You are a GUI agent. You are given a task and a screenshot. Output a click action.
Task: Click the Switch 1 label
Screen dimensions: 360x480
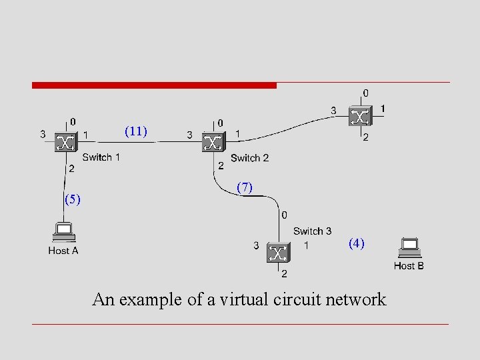pos(101,157)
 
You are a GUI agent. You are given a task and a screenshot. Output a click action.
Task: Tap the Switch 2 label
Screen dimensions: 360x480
pos(249,158)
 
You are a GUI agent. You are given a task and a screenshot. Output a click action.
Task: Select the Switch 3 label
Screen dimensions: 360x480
pos(312,231)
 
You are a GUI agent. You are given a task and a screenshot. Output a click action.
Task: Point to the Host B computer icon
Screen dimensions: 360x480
pos(408,248)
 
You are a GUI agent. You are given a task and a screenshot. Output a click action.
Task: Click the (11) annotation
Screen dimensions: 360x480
pos(136,131)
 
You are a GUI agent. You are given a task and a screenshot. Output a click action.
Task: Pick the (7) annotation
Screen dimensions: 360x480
pos(245,188)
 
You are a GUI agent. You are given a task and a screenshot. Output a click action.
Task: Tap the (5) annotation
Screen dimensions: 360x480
pos(72,199)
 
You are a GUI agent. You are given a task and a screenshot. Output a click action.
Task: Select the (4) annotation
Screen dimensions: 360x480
pos(357,243)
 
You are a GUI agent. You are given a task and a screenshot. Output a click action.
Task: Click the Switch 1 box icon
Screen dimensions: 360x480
pos(65,142)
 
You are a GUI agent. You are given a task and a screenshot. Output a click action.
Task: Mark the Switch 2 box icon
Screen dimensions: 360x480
pos(212,142)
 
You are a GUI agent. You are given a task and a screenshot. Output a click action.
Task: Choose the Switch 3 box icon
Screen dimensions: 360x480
pos(278,253)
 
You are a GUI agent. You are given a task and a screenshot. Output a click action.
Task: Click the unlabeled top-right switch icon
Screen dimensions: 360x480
pos(360,117)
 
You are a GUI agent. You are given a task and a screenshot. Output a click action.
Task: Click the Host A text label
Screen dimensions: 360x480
pos(63,251)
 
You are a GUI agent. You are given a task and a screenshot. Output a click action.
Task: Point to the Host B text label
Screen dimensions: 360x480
pos(409,265)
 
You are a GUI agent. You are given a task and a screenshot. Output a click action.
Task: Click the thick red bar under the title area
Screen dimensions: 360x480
pos(154,85)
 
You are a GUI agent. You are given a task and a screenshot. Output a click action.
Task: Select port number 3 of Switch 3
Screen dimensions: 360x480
pos(256,245)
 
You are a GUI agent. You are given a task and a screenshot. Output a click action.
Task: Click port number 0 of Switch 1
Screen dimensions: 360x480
pos(73,122)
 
